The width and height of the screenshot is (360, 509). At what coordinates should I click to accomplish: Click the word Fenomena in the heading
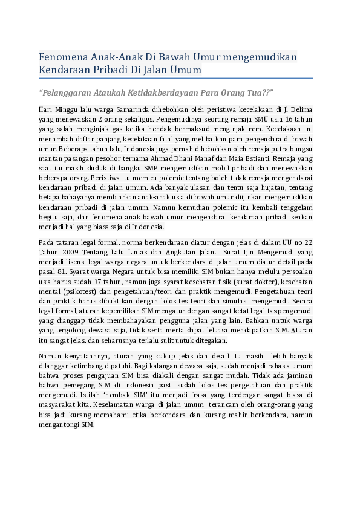point(62,57)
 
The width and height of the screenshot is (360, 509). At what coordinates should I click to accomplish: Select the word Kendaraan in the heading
point(64,70)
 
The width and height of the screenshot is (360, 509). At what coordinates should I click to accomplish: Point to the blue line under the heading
point(175,78)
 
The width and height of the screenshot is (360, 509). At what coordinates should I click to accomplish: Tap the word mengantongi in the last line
point(58,424)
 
